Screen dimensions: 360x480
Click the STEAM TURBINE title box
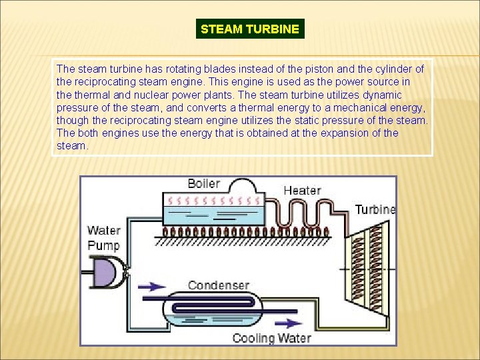(x=250, y=29)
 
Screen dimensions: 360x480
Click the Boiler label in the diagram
(x=203, y=183)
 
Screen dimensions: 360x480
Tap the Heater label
(x=302, y=190)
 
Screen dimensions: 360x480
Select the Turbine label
(x=375, y=209)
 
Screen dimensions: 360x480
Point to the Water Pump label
(x=103, y=238)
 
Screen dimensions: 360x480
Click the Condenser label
(x=218, y=285)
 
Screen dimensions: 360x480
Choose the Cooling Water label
(x=271, y=338)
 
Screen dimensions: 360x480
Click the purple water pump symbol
(x=107, y=274)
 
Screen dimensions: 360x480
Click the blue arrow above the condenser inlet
(x=154, y=287)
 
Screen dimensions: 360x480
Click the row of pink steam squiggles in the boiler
(x=213, y=200)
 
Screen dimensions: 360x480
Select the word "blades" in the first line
(x=200, y=69)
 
